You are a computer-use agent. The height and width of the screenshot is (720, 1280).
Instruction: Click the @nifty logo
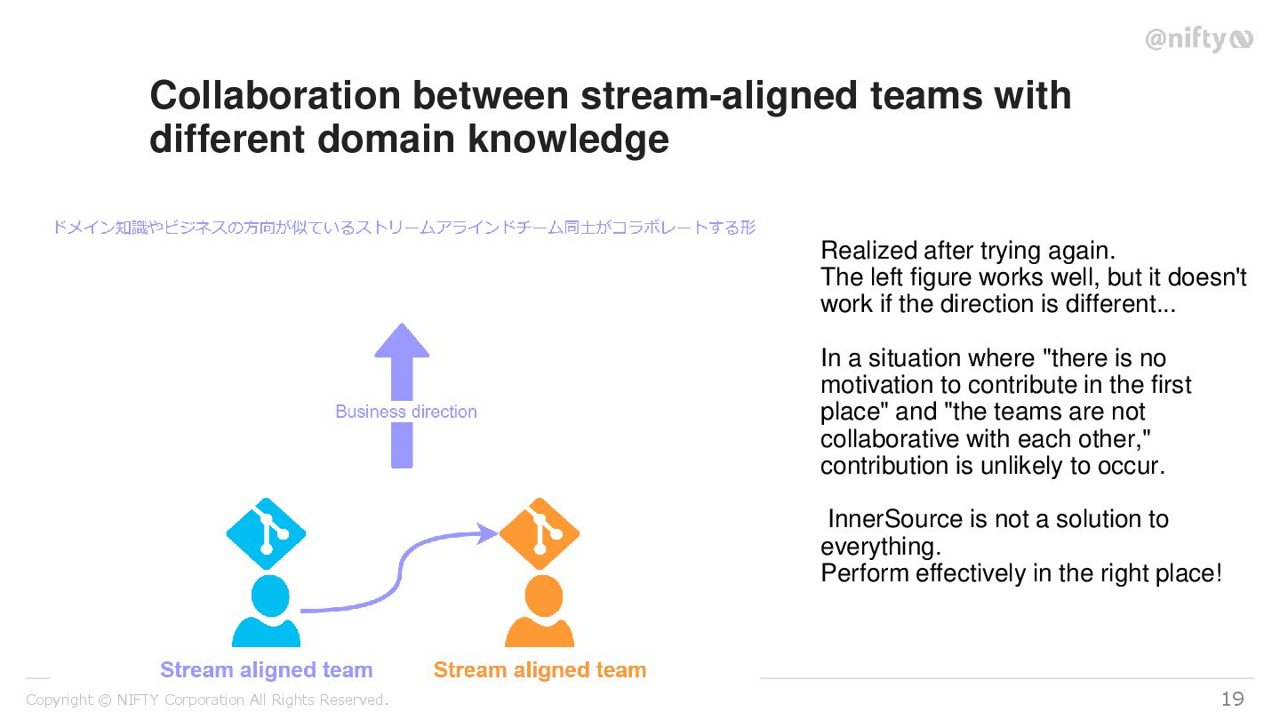click(x=1197, y=40)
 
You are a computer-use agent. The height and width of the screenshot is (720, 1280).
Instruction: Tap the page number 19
click(x=1233, y=700)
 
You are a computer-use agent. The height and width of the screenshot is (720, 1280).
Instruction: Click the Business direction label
click(x=406, y=412)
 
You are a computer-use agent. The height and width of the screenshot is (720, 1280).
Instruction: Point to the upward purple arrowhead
click(x=402, y=341)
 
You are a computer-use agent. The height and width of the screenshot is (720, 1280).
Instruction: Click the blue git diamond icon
click(x=267, y=532)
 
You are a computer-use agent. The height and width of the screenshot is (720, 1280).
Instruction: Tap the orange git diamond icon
click(x=540, y=532)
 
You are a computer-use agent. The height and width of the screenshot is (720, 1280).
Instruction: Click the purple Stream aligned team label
click(x=266, y=670)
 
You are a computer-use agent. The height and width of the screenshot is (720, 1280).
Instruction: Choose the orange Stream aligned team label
click(x=540, y=670)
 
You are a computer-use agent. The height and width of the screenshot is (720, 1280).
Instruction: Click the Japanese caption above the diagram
click(x=404, y=228)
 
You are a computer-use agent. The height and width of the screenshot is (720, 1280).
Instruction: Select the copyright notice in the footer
click(x=207, y=700)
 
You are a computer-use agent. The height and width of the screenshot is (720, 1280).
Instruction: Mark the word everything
click(x=880, y=546)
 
